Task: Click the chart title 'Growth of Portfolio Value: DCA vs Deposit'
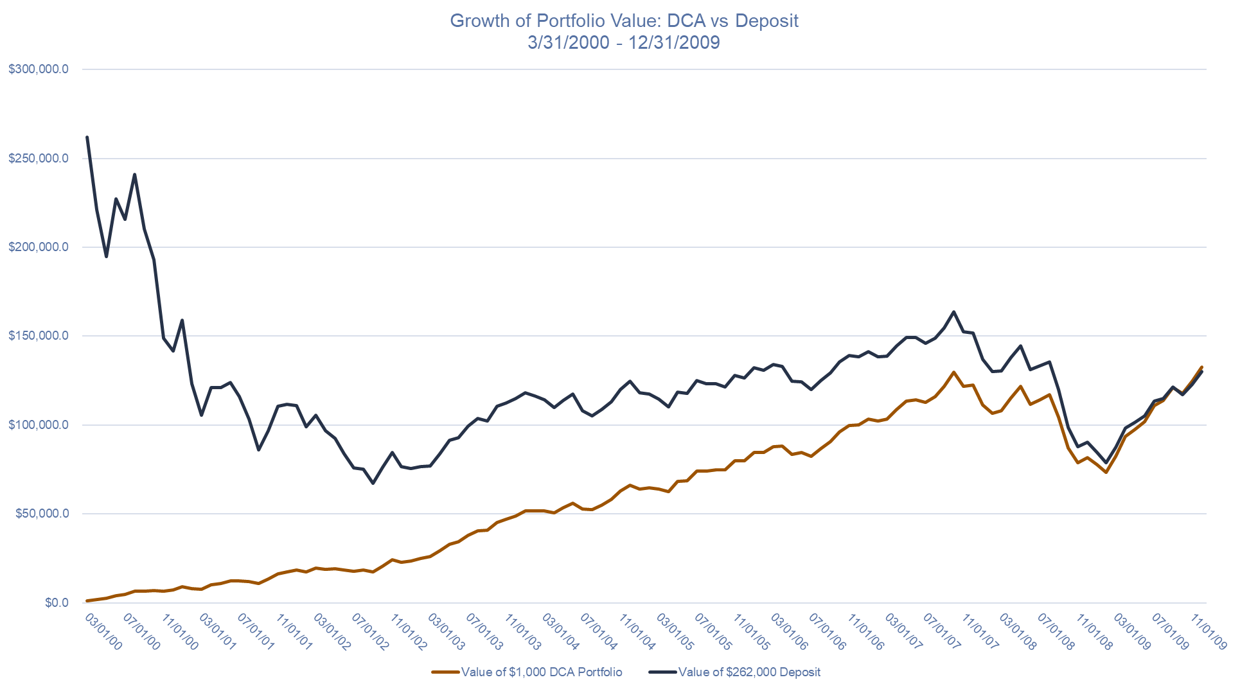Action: (x=624, y=21)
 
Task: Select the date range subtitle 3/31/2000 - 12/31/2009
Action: (x=623, y=42)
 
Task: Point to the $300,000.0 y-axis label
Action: (x=39, y=69)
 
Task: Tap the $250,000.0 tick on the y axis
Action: (x=39, y=159)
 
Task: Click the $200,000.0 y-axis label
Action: (x=39, y=247)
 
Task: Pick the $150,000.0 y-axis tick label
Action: (x=39, y=336)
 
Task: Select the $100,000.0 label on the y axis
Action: (x=39, y=425)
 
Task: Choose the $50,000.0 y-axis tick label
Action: (x=42, y=514)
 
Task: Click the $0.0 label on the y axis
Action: (x=57, y=602)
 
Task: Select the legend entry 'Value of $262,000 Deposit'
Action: (x=749, y=672)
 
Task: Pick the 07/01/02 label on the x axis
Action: (x=371, y=631)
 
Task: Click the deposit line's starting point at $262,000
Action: (x=87, y=137)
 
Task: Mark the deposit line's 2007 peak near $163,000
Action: (x=953, y=312)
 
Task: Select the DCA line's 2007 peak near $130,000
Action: (x=953, y=372)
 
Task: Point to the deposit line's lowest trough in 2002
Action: (x=373, y=483)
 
